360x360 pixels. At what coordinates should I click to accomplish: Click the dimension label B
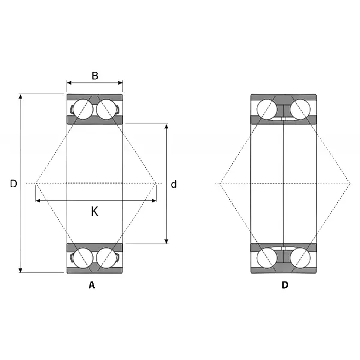click(x=95, y=76)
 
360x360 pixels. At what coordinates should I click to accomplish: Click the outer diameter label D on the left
click(x=14, y=184)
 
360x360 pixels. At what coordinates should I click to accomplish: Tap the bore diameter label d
click(x=174, y=184)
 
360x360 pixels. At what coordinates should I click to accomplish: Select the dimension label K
click(x=95, y=211)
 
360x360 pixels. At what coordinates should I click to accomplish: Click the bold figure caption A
click(x=92, y=285)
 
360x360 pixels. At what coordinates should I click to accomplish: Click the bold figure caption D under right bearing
click(x=284, y=285)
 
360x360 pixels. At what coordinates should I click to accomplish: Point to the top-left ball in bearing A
click(x=83, y=109)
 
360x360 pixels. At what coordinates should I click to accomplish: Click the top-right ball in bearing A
click(x=106, y=109)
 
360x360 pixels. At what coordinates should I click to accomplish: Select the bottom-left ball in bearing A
click(x=83, y=258)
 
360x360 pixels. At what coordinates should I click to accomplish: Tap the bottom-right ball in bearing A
click(x=106, y=258)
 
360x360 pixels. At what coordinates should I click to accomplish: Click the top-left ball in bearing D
click(x=267, y=109)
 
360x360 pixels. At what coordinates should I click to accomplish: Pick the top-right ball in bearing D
click(x=300, y=109)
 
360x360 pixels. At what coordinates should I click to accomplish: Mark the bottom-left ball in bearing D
click(x=267, y=258)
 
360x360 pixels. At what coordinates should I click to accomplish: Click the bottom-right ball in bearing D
click(x=300, y=258)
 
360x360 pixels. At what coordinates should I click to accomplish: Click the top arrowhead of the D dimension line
click(x=20, y=96)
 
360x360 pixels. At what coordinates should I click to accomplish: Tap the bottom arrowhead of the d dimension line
click(x=166, y=241)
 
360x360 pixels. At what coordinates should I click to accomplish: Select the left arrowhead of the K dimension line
click(x=38, y=201)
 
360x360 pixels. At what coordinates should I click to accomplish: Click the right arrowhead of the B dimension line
click(x=120, y=83)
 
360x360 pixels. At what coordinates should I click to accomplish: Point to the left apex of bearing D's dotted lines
click(x=220, y=184)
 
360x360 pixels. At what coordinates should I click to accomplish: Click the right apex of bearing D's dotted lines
click(x=350, y=184)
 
